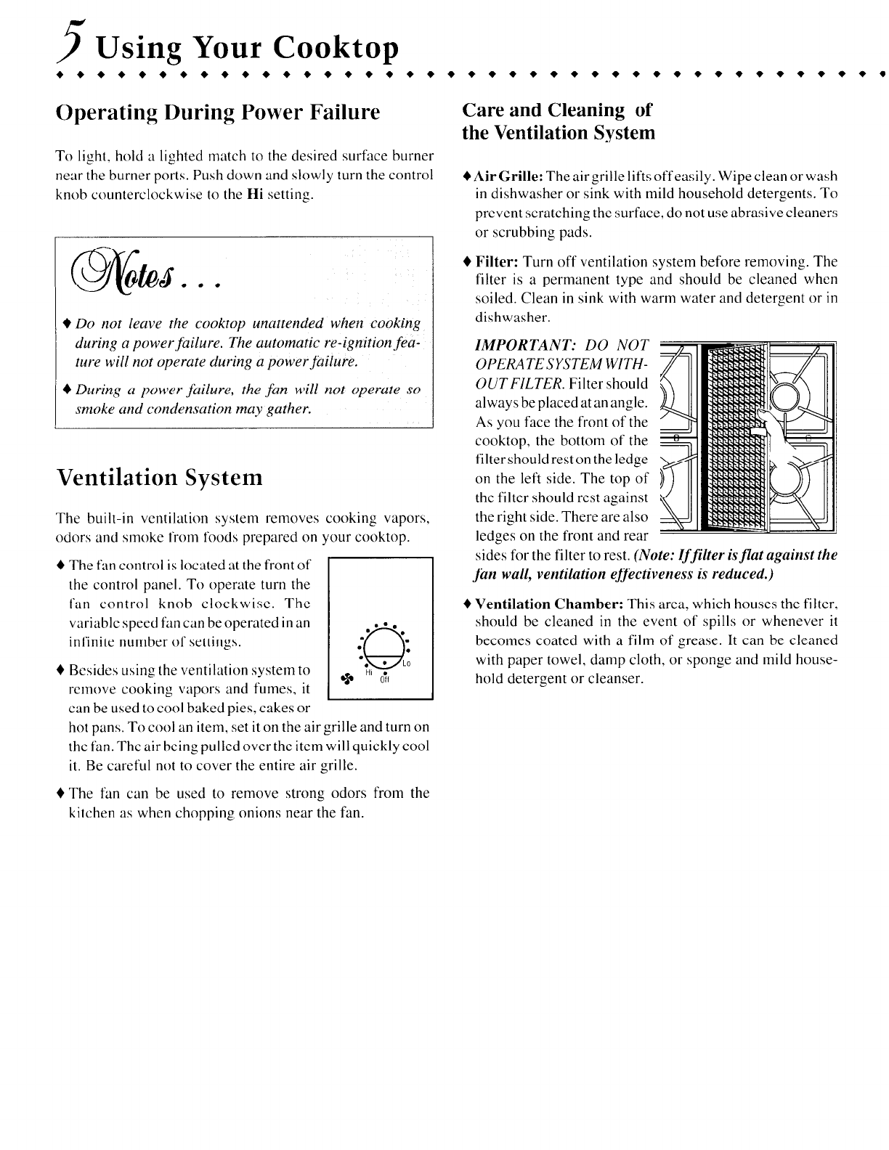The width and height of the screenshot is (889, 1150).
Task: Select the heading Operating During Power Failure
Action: pyautogui.click(x=218, y=113)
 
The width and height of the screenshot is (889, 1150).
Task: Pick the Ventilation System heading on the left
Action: pyautogui.click(x=158, y=477)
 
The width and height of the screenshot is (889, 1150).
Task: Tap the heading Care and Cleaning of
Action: pyautogui.click(x=557, y=110)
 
